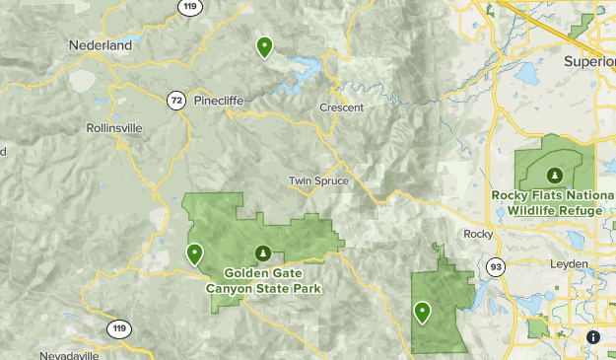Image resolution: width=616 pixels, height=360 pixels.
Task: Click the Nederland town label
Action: [100, 45]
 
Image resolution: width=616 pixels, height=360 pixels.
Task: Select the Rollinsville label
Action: [114, 128]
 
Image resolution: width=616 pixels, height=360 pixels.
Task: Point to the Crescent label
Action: [341, 108]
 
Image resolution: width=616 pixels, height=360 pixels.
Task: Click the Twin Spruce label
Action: [313, 180]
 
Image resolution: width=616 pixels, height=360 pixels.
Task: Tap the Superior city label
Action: [589, 60]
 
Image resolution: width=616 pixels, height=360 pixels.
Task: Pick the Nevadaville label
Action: [71, 354]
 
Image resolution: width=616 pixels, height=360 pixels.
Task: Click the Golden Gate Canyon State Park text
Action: [262, 281]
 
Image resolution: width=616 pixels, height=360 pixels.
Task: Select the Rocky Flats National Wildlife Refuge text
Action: [554, 201]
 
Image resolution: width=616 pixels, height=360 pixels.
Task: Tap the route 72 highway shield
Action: [175, 101]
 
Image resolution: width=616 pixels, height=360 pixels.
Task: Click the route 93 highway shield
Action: [495, 265]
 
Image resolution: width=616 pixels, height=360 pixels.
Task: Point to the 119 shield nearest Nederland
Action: [189, 7]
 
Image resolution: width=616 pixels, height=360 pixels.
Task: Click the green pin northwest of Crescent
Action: [264, 46]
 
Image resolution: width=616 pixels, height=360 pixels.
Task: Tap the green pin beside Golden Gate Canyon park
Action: [195, 254]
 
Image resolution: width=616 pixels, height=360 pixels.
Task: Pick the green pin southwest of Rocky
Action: [422, 313]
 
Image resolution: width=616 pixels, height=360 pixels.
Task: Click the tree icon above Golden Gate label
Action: [262, 253]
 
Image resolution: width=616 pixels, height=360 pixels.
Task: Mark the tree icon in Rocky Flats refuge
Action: [555, 175]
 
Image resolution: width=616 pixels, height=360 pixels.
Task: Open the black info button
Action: [593, 336]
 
